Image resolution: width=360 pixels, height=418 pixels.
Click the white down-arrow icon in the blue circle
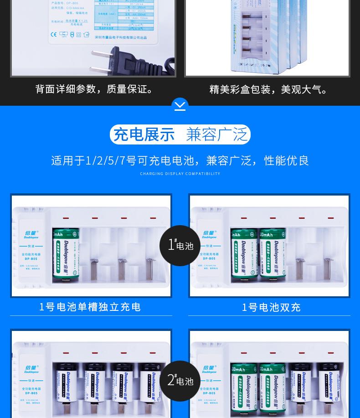point(180,106)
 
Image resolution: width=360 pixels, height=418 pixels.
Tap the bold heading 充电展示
point(144,134)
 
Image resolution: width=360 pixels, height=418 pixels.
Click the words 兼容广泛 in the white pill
point(217,134)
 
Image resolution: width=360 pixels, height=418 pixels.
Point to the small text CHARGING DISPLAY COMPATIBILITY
point(180,174)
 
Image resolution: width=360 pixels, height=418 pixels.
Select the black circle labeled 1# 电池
point(180,245)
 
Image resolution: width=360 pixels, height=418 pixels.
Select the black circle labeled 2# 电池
point(180,381)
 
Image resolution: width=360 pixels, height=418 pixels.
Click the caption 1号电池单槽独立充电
point(90,307)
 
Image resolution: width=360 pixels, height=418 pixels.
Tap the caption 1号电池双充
point(271,307)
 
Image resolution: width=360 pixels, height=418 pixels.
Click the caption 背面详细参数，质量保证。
point(96,89)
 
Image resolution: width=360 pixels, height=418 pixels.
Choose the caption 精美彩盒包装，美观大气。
point(269,89)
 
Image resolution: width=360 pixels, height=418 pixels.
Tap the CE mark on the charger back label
point(53,34)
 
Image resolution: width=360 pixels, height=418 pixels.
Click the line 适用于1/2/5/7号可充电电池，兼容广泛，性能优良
point(180,160)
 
